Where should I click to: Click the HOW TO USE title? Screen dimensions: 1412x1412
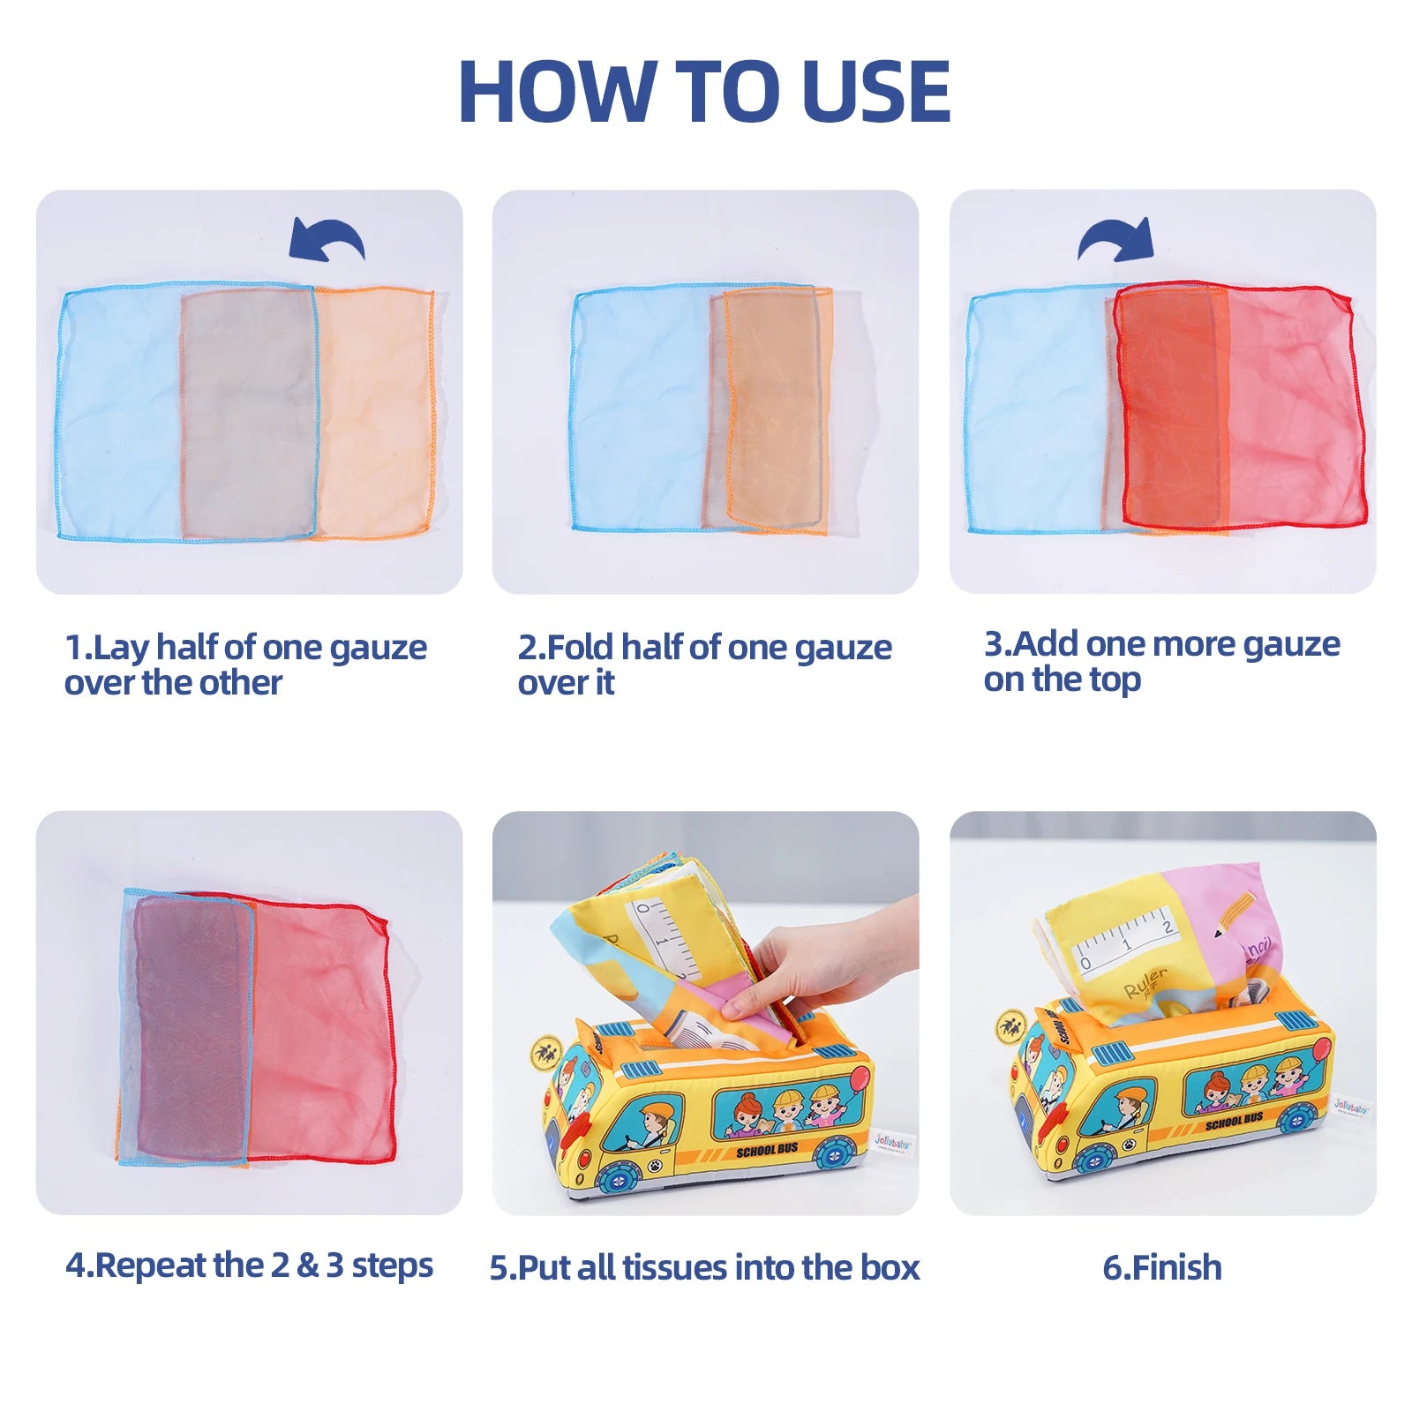point(704,91)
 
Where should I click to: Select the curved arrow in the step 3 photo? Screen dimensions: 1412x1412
point(1116,238)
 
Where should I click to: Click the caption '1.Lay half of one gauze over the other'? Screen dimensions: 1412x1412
point(245,665)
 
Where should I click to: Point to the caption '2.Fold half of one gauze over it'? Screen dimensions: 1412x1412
point(704,665)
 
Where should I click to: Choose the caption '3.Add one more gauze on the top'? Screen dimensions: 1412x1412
point(1161,662)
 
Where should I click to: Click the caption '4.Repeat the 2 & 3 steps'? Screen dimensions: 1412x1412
point(249,1266)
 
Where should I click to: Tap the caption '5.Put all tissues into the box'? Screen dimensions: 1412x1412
point(704,1267)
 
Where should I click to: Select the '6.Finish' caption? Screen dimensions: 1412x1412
point(1162,1267)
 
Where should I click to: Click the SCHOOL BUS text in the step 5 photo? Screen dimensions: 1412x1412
point(767,1150)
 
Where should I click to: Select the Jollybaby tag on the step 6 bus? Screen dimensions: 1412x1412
point(1352,1105)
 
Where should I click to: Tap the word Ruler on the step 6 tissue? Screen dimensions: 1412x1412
point(1145,982)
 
